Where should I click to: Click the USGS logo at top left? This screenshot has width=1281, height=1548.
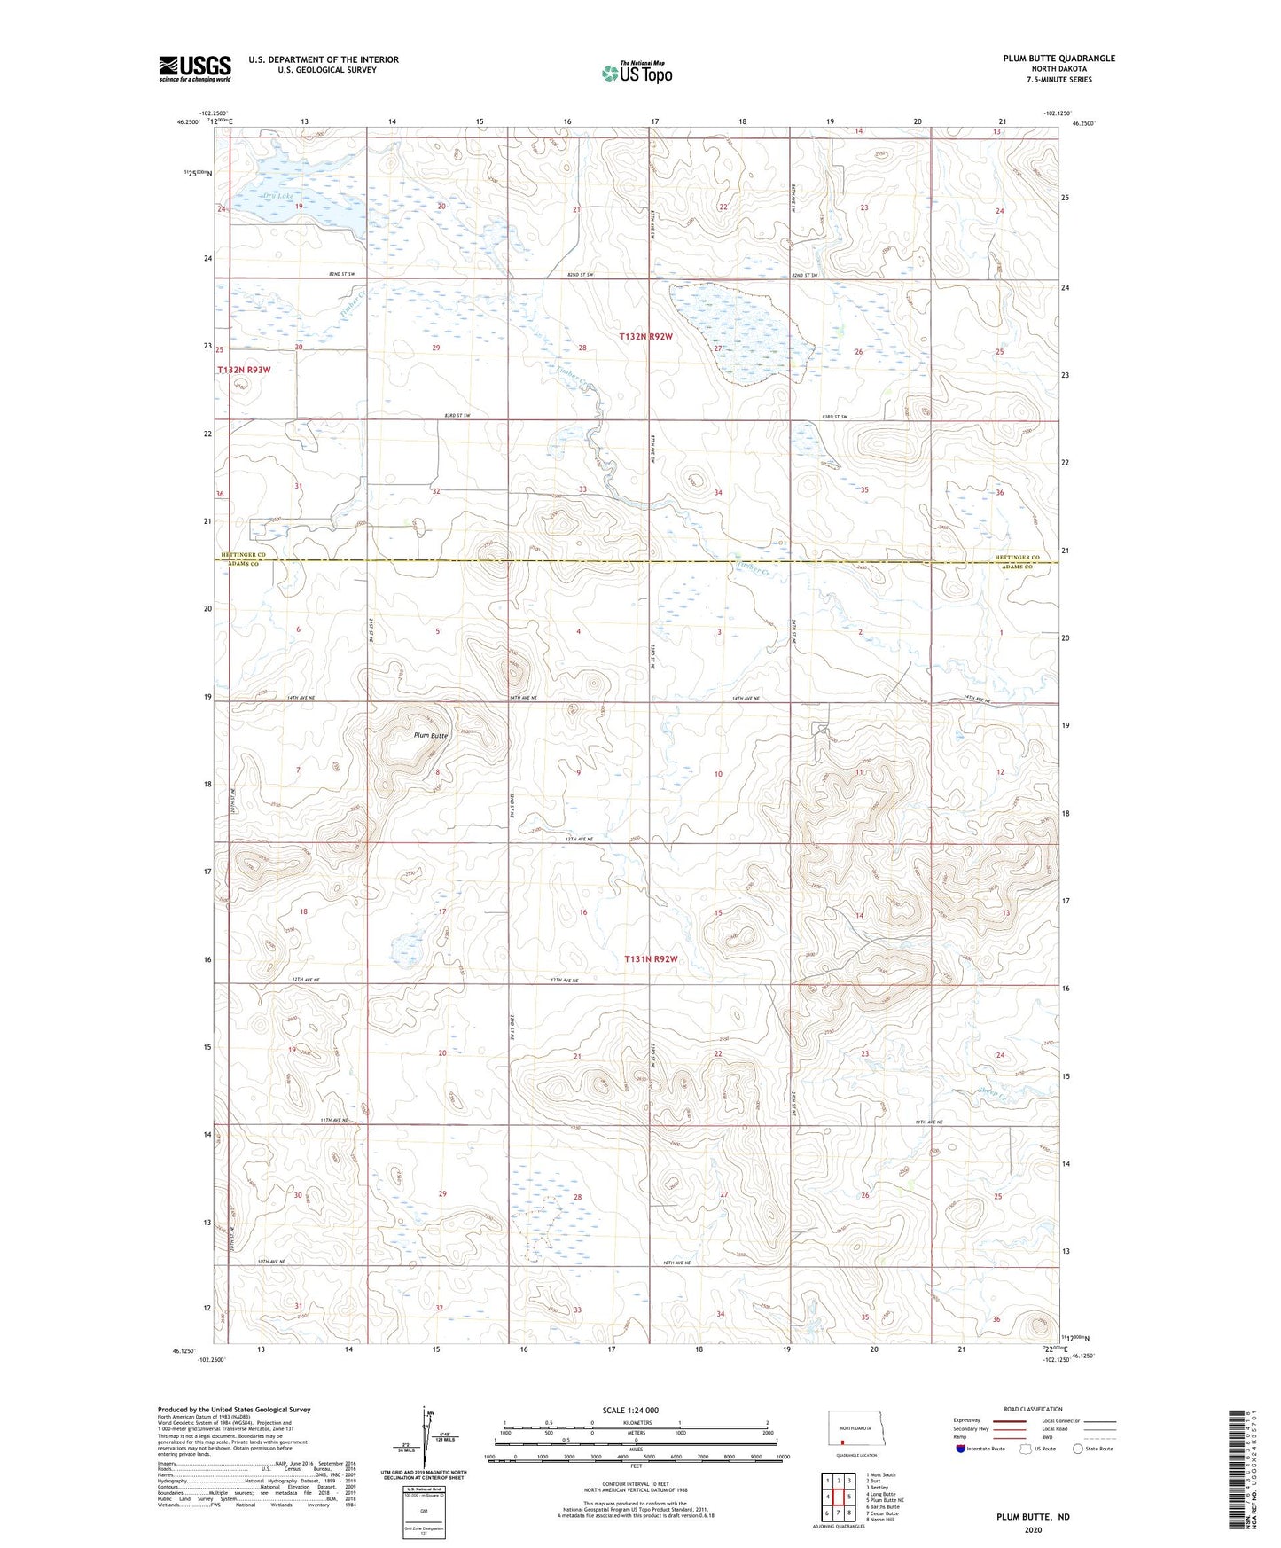pos(194,68)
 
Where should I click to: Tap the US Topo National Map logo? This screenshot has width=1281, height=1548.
pos(637,73)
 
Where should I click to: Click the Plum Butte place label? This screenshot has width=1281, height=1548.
pos(431,735)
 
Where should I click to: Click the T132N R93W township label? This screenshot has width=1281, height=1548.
pos(243,370)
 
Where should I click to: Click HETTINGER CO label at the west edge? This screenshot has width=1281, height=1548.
pos(240,555)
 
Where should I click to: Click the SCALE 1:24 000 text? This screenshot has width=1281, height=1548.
pos(630,1410)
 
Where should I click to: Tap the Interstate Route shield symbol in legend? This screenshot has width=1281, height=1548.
pos(961,1449)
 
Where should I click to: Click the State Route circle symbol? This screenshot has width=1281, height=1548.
pos(1077,1449)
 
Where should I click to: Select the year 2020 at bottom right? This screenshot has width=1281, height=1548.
pos(1033,1529)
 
